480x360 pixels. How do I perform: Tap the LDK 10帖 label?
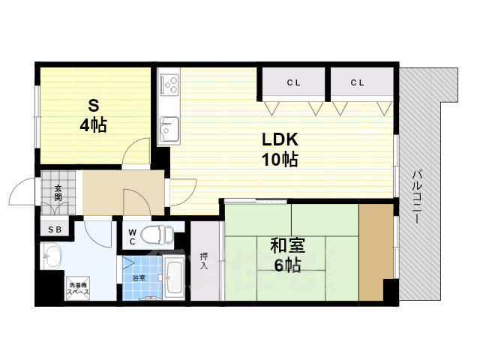click(280, 149)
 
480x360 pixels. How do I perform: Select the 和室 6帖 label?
click(287, 255)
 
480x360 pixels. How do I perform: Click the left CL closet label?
click(293, 82)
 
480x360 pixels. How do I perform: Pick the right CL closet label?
click(357, 82)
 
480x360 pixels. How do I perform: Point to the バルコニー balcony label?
click(416, 197)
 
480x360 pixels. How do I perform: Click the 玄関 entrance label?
click(58, 193)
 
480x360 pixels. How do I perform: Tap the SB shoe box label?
click(55, 229)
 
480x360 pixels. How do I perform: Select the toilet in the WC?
click(157, 235)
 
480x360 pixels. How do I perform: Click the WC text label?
click(132, 237)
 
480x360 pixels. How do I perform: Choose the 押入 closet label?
click(204, 261)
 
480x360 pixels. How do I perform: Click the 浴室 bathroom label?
click(139, 278)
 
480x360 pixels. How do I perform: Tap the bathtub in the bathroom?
click(174, 278)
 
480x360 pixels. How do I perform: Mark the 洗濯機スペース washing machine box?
click(78, 288)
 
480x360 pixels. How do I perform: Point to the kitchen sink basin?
click(169, 129)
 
